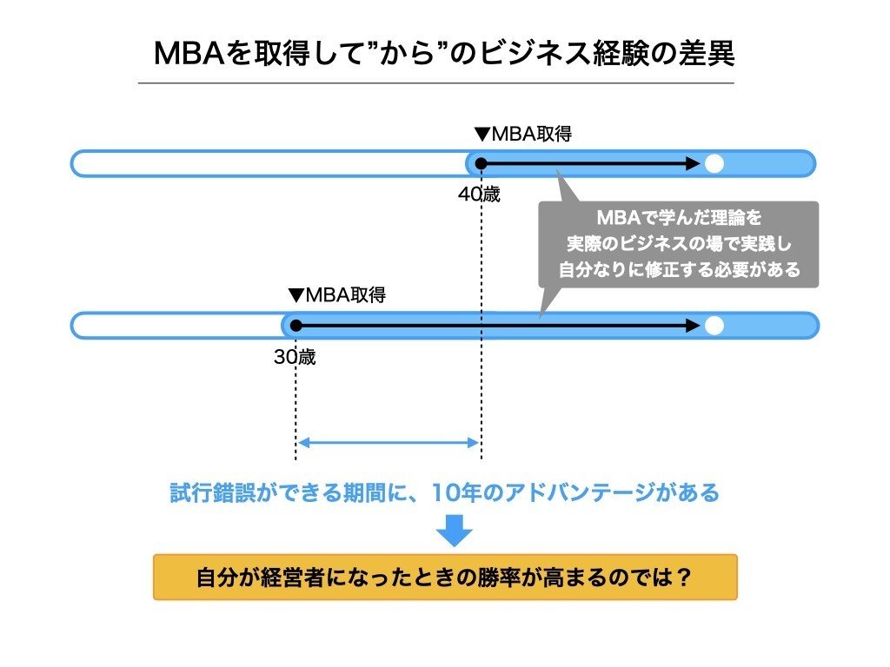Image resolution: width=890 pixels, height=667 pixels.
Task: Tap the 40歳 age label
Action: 480,195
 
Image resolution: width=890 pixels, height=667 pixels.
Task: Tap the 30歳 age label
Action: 295,357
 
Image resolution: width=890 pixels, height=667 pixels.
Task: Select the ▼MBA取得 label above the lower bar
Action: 336,295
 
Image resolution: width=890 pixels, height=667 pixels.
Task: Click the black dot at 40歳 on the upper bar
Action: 481,163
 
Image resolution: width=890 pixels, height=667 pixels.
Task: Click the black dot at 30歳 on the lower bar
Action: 296,326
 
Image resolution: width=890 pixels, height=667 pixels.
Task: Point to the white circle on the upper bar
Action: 714,163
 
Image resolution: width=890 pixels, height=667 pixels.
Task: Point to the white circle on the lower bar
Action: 714,326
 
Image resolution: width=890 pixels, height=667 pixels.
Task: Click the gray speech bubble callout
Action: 678,244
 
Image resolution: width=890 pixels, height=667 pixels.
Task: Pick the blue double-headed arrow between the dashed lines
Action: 388,443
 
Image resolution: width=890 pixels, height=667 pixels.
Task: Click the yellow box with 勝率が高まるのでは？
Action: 445,577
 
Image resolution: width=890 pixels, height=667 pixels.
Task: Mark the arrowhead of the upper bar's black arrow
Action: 693,163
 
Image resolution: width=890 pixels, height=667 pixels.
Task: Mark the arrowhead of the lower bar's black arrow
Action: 693,326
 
